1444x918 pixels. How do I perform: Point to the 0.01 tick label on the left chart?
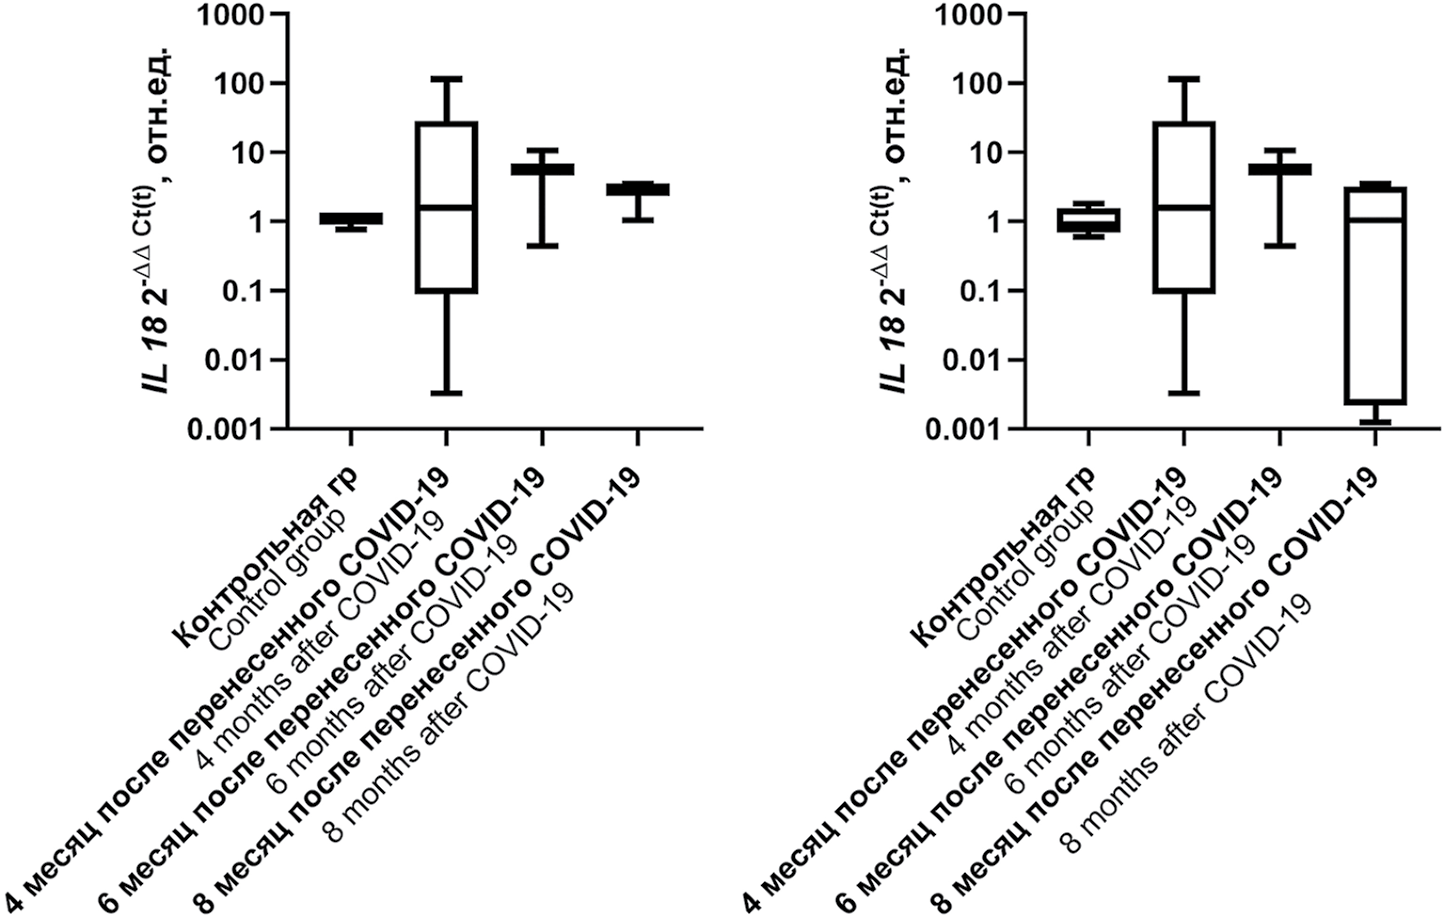pos(231,360)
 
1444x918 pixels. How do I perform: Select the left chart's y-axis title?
pos(159,222)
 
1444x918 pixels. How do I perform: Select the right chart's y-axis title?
pos(897,222)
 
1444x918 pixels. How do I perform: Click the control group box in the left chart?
pos(351,218)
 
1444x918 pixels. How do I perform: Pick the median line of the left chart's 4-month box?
pos(447,208)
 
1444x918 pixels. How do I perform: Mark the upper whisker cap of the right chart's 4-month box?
pos(1184,79)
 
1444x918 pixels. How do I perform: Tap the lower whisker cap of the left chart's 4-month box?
pos(447,393)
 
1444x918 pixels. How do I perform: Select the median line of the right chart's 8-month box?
pos(1375,219)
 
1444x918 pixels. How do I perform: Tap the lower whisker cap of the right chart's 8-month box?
pos(1375,422)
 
